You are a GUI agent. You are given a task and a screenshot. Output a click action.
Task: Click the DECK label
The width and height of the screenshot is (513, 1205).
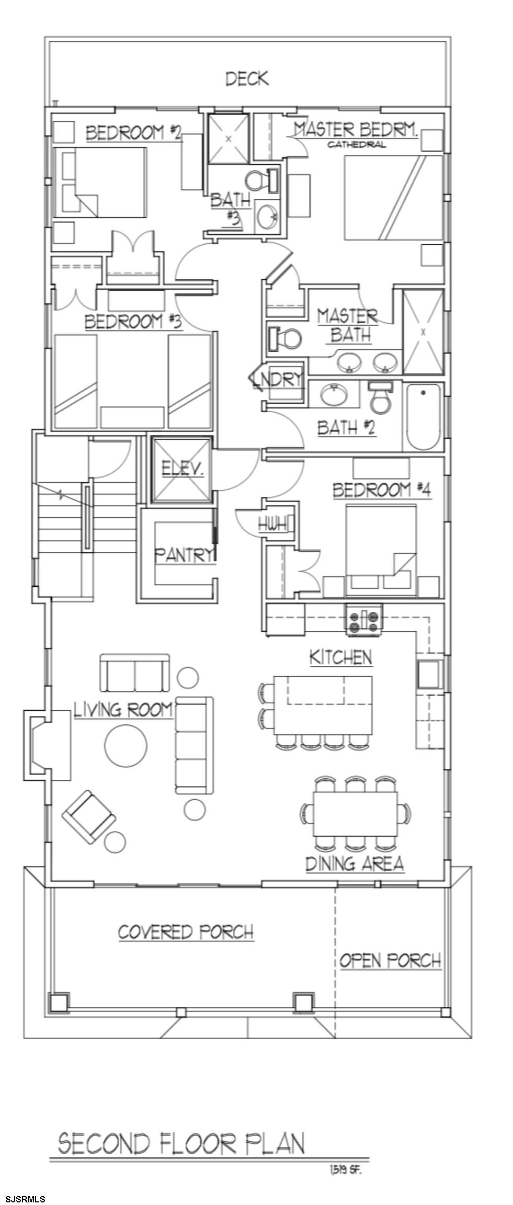pos(247,79)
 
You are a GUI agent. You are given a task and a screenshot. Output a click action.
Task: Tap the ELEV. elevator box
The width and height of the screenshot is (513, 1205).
pos(181,469)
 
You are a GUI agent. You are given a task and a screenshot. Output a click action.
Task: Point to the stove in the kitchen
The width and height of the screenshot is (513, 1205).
pos(363,619)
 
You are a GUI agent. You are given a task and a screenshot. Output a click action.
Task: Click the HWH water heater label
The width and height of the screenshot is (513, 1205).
pos(272,523)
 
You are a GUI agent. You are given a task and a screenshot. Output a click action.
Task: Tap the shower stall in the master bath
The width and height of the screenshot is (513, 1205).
pos(423,332)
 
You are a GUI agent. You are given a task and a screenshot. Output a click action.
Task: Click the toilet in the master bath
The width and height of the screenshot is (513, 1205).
pos(284,338)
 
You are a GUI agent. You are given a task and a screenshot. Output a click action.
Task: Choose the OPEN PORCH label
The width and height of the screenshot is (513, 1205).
pos(390,960)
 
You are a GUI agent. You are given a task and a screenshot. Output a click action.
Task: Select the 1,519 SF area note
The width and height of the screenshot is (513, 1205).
pos(345,1169)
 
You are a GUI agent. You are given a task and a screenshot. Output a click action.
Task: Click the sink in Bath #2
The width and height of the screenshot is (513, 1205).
pos(333,395)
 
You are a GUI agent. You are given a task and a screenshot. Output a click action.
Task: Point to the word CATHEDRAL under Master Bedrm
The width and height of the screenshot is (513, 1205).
pos(357,144)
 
